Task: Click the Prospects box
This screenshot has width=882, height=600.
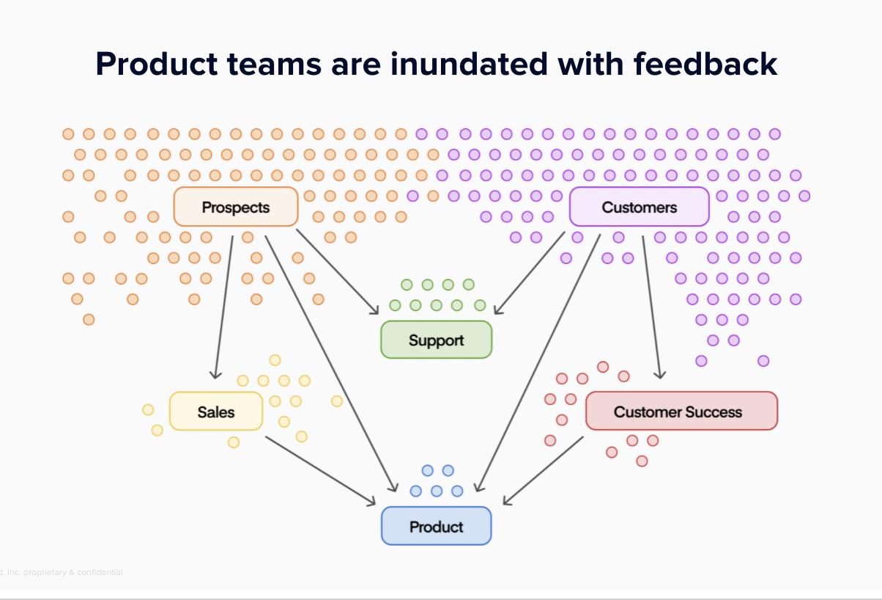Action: click(x=236, y=207)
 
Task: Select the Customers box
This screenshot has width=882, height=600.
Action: click(x=639, y=207)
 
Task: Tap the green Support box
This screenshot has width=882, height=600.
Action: click(x=437, y=340)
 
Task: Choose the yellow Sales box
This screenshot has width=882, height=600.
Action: click(x=216, y=411)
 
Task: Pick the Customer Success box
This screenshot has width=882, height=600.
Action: click(x=681, y=411)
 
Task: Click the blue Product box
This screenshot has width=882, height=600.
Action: click(x=437, y=527)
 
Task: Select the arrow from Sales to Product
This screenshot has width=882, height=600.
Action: click(x=320, y=470)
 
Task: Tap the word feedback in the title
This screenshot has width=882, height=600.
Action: click(x=705, y=65)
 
